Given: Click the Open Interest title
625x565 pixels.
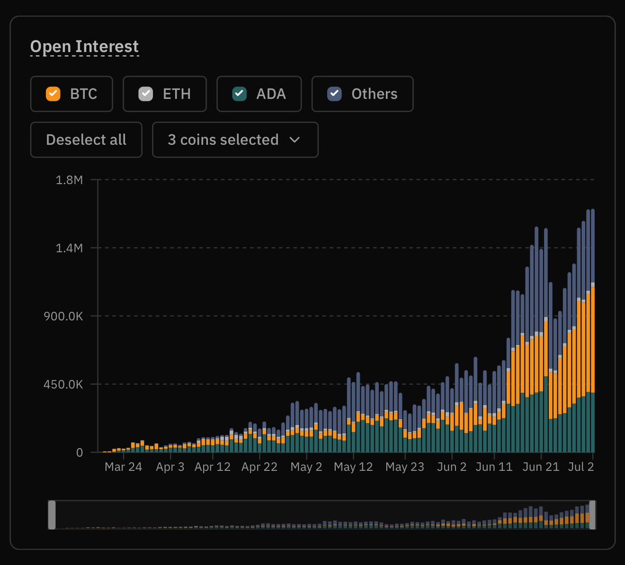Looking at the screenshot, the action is pyautogui.click(x=84, y=46).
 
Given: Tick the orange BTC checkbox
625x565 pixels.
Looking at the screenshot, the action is pyautogui.click(x=53, y=94).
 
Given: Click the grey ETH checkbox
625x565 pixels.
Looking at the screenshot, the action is pyautogui.click(x=145, y=94).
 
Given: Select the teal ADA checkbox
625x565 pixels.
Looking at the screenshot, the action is pyautogui.click(x=239, y=94).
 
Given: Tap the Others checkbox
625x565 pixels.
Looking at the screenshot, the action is pyautogui.click(x=335, y=94).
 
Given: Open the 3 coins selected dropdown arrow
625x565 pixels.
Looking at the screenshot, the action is pyautogui.click(x=295, y=140).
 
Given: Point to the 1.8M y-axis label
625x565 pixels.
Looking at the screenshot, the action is pyautogui.click(x=69, y=180).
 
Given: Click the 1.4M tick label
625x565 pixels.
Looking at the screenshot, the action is pyautogui.click(x=69, y=248).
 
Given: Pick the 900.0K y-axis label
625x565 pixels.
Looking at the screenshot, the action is pyautogui.click(x=64, y=316).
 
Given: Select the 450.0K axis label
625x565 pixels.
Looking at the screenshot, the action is pyautogui.click(x=64, y=384).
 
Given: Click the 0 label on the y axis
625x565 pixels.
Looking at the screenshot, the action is pyautogui.click(x=80, y=453).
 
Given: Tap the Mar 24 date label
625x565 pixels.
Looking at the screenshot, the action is pyautogui.click(x=123, y=467).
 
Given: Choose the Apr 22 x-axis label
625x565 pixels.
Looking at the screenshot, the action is pyautogui.click(x=260, y=467).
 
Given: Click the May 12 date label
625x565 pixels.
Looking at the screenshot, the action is pyautogui.click(x=353, y=467).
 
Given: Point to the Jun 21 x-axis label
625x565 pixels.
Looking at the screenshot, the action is pyautogui.click(x=541, y=467).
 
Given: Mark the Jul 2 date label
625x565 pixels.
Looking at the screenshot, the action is pyautogui.click(x=581, y=467).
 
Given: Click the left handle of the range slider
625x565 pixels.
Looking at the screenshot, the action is pyautogui.click(x=52, y=515).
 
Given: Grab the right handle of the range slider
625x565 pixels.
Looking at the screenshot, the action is pyautogui.click(x=592, y=515).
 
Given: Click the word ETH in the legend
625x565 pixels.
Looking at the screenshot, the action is pyautogui.click(x=177, y=94).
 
